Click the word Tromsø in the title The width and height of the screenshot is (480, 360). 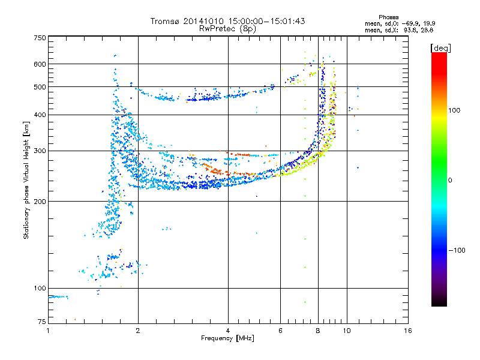[x=166, y=21]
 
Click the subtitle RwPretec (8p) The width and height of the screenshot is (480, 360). [x=227, y=29]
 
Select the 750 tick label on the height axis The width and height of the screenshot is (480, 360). [x=40, y=38]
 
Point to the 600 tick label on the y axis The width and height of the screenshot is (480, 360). [x=40, y=64]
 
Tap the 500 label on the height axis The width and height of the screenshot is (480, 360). [x=40, y=87]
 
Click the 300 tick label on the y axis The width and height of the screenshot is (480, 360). [x=40, y=151]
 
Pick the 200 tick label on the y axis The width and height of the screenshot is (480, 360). [x=40, y=202]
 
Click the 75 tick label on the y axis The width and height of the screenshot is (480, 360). [x=42, y=322]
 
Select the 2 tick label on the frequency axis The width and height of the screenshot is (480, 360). [x=138, y=331]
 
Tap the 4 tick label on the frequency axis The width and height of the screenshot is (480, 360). [x=228, y=331]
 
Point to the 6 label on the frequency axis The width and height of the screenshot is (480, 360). [x=280, y=331]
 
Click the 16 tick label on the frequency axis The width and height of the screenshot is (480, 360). [x=408, y=331]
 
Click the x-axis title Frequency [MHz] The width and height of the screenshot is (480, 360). [x=227, y=338]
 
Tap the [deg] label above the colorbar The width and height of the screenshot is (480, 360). [x=440, y=48]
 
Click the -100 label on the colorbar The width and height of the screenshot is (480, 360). [x=457, y=250]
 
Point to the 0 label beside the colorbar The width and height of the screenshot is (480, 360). [x=450, y=180]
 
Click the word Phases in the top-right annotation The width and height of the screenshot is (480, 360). [x=388, y=17]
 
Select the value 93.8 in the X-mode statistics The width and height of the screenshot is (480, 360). [x=410, y=31]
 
